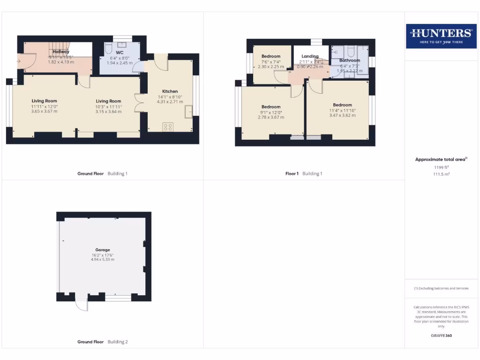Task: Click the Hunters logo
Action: [441, 36]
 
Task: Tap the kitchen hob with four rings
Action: [168, 127]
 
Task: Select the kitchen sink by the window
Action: [188, 112]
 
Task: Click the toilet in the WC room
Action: [108, 48]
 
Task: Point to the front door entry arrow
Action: [19, 60]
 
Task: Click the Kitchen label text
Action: [170, 91]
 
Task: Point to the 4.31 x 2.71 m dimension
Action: [170, 102]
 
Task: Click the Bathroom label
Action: [350, 60]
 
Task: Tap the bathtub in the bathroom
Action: [363, 61]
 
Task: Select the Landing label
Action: [310, 56]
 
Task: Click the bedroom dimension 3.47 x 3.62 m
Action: [342, 115]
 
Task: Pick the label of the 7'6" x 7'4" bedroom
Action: [271, 56]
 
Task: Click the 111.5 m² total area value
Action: [441, 174]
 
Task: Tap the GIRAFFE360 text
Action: [441, 336]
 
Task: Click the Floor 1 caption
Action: [292, 173]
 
